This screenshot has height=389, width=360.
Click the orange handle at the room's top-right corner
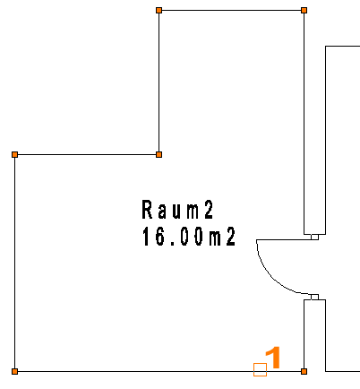304,11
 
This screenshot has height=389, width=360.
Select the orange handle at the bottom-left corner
14,371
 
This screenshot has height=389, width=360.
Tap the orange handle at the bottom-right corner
304,371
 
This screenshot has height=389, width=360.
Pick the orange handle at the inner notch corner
159,154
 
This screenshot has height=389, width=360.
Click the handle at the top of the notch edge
159,11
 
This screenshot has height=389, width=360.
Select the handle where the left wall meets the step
14,154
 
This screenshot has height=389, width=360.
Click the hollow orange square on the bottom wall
260,369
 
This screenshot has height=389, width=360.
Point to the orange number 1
273,358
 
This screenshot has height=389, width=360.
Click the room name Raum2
177,210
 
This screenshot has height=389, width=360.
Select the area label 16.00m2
189,237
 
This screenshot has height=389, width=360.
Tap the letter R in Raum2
147,210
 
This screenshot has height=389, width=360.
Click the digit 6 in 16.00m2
160,237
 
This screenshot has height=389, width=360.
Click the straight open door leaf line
284,239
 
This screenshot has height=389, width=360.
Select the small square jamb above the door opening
314,237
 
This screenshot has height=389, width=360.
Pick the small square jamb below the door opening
314,297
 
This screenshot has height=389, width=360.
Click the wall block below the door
314,335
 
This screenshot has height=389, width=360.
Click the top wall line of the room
231,11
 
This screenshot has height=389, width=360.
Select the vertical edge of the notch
159,82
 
